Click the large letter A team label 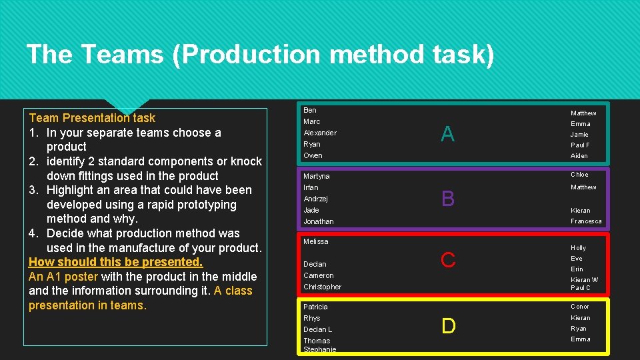447,135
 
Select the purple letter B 448,199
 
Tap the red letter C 448,260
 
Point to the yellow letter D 449,326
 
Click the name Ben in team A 310,110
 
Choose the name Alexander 320,133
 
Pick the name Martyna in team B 317,176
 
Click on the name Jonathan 319,221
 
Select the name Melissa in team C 316,241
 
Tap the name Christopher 322,287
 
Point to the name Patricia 315,307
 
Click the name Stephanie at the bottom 320,349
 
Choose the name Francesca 586,221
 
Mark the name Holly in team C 578,248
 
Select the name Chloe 579,175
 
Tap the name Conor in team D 580,307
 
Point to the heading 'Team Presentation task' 92,118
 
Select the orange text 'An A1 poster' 63,277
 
